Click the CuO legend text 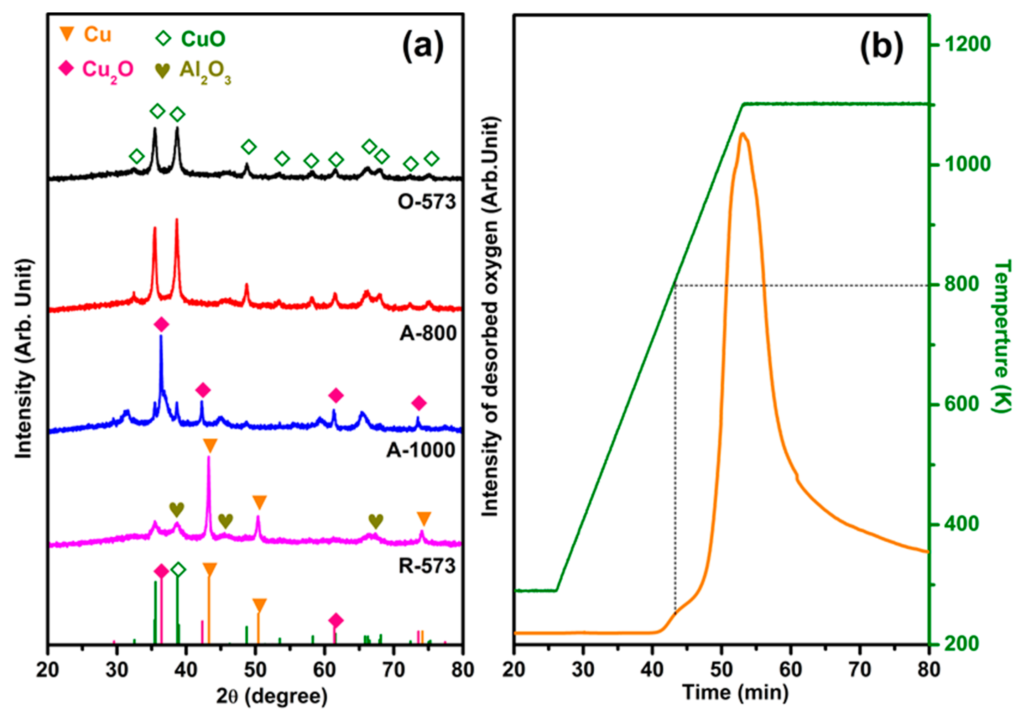click(203, 39)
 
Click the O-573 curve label click(427, 202)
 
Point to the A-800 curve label click(428, 333)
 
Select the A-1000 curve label click(421, 450)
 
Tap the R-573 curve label click(427, 566)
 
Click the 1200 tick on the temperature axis click(967, 45)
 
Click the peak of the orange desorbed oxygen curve click(742, 134)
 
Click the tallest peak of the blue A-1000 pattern click(161, 336)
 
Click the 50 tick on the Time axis click(721, 669)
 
